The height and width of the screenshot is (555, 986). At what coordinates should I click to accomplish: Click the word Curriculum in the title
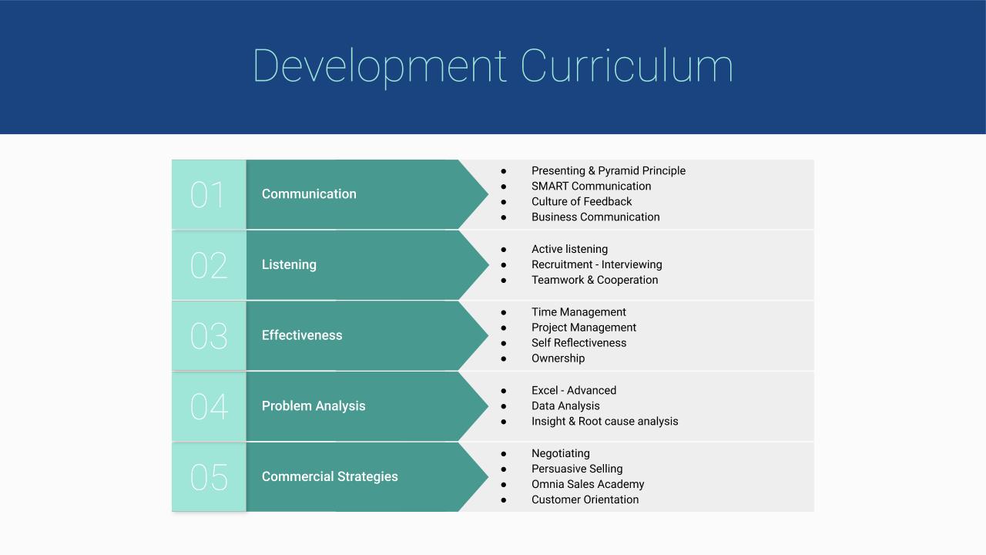pos(627,66)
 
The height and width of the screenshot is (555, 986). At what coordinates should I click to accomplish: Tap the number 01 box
pos(209,194)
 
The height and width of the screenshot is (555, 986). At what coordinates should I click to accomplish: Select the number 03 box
pos(209,335)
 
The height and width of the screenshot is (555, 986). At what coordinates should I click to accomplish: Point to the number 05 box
pos(209,477)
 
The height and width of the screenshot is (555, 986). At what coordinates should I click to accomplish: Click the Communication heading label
pos(309,193)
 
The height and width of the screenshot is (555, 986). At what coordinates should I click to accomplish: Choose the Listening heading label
pos(289,264)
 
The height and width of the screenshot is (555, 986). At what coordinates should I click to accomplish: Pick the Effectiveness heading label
pos(302,335)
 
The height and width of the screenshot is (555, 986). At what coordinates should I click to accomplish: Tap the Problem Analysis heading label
pos(314,405)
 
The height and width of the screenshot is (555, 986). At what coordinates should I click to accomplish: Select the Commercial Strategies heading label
pos(330,476)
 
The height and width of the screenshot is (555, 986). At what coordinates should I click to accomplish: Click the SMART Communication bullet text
pos(591,186)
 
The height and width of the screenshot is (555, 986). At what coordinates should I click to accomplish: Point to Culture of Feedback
pos(582,201)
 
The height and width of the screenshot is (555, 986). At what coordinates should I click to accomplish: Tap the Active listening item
pos(569,249)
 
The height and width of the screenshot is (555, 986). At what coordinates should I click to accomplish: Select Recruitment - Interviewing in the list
pos(596,264)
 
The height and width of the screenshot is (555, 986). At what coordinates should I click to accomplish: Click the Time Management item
pos(579,312)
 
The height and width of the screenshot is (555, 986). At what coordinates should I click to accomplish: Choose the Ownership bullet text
pos(558,358)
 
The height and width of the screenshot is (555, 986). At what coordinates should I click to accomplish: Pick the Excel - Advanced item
pos(574,390)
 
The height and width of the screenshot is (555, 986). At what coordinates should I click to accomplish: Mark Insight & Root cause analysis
pos(605,421)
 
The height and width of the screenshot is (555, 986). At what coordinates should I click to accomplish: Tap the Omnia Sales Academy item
pos(588,484)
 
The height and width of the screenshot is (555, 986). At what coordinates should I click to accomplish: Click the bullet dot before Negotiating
pos(504,454)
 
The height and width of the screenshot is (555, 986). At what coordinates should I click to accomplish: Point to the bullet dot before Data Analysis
pos(504,406)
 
